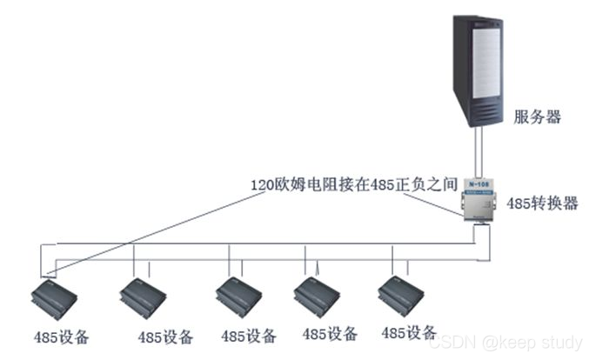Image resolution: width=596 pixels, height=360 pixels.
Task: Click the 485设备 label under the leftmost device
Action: [61, 336]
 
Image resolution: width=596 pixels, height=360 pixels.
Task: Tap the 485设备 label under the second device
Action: [166, 337]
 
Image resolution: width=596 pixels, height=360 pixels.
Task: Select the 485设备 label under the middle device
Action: [249, 336]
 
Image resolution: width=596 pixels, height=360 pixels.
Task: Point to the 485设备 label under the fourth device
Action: [330, 333]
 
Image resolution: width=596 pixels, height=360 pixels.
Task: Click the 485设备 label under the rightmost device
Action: [409, 332]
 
